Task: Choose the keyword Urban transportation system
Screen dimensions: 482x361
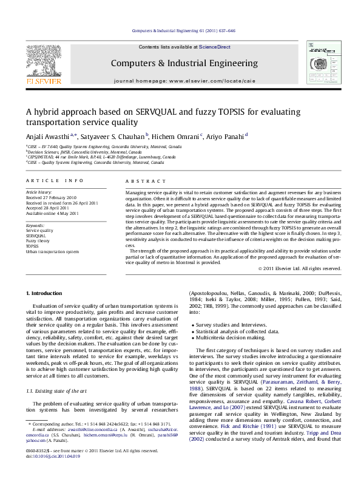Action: click(x=52, y=251)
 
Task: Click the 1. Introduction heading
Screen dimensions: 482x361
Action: click(x=46, y=293)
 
